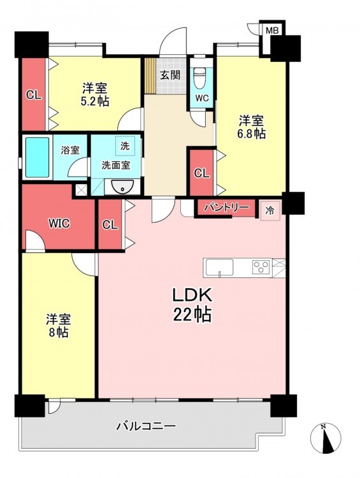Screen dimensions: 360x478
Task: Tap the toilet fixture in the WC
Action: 200,77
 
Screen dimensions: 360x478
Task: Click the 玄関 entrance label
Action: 170,75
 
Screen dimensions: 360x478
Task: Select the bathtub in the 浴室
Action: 37,157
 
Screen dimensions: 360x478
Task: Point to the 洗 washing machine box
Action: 125,146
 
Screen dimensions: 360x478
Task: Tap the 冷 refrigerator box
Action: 270,211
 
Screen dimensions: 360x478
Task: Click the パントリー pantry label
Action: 226,208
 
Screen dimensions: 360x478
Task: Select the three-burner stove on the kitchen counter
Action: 261,267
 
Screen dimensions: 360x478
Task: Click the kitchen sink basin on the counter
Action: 219,267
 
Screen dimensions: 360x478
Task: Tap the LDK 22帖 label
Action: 192,305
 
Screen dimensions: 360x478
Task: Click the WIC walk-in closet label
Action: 59,224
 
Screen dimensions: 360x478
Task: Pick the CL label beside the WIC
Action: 110,225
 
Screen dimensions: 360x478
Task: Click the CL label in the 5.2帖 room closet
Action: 34,96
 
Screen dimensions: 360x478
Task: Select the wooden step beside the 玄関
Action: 150,75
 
